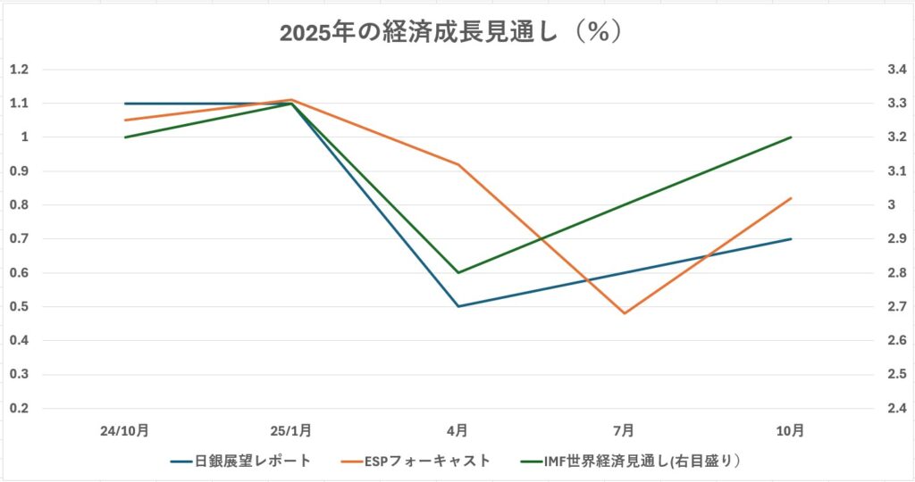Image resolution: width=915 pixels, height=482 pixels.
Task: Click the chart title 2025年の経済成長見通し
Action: click(450, 32)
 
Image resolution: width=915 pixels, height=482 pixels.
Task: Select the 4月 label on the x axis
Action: click(457, 430)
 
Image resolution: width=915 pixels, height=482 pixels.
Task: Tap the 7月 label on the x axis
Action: click(624, 430)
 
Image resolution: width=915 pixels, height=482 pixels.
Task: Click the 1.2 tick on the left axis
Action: click(19, 70)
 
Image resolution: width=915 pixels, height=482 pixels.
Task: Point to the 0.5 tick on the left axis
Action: click(19, 307)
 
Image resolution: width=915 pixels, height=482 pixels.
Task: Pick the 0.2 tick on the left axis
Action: click(19, 409)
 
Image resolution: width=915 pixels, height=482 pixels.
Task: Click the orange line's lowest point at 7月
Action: click(624, 313)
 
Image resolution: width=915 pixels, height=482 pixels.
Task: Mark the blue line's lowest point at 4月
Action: click(457, 306)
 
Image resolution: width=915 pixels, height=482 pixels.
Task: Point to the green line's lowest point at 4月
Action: click(457, 272)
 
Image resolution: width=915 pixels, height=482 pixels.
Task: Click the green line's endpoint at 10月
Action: click(791, 137)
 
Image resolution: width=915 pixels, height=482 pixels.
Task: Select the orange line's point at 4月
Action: click(457, 164)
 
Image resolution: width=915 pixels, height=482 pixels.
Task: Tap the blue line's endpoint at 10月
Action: click(791, 239)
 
